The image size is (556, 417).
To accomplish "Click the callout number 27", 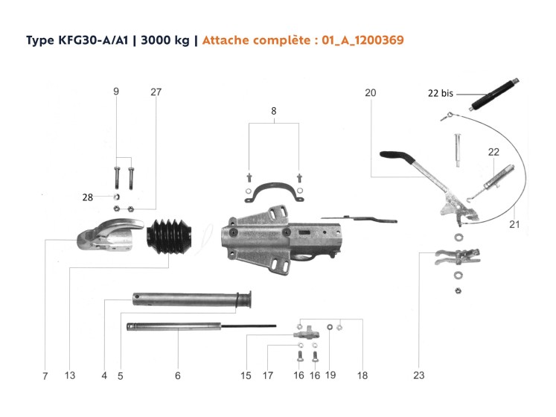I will pos(156,92).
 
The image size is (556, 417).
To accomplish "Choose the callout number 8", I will pos(274,110).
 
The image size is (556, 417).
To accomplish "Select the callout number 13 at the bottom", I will pos(70,376).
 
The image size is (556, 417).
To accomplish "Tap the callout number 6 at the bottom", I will pos(178,376).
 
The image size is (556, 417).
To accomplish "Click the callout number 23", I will pos(419,376).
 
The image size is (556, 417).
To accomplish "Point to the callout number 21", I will pos(514,223).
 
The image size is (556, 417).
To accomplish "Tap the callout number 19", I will pos(330,376).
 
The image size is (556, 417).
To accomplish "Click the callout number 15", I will pos(246,376).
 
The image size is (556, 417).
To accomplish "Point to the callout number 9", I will pos(116,92).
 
